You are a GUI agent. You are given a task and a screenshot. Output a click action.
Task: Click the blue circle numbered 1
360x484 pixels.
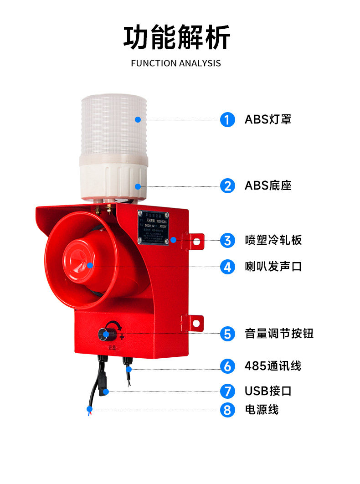pyautogui.click(x=227, y=120)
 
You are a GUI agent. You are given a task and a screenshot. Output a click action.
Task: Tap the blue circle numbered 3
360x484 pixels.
pyautogui.click(x=227, y=240)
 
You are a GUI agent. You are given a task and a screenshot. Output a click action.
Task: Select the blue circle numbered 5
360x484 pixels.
pyautogui.click(x=227, y=334)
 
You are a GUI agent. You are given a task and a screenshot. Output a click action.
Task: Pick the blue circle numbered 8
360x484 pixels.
pyautogui.click(x=227, y=410)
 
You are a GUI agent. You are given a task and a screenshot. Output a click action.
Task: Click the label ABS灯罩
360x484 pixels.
pyautogui.click(x=268, y=120)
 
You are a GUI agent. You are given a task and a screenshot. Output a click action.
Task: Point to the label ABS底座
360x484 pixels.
pyautogui.click(x=268, y=186)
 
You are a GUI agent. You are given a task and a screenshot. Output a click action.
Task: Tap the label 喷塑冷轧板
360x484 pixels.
pyautogui.click(x=273, y=240)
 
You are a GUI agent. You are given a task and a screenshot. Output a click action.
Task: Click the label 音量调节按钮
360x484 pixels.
pyautogui.click(x=279, y=334)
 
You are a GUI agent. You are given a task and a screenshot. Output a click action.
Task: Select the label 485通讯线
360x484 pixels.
pyautogui.click(x=273, y=366)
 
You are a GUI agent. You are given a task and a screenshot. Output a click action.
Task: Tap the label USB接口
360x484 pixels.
pyautogui.click(x=268, y=391)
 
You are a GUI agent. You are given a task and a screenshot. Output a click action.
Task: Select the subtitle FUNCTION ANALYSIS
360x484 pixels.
pyautogui.click(x=176, y=63)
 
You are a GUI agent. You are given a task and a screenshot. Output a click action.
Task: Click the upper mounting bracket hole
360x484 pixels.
pyautogui.click(x=196, y=242)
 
